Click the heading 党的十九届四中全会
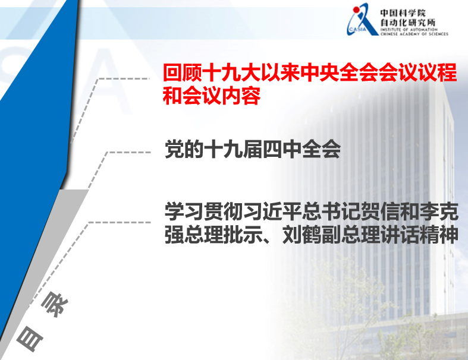pyautogui.click(x=252, y=150)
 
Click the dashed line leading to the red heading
pyautogui.click(x=124, y=78)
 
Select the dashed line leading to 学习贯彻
pyautogui.click(x=119, y=223)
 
